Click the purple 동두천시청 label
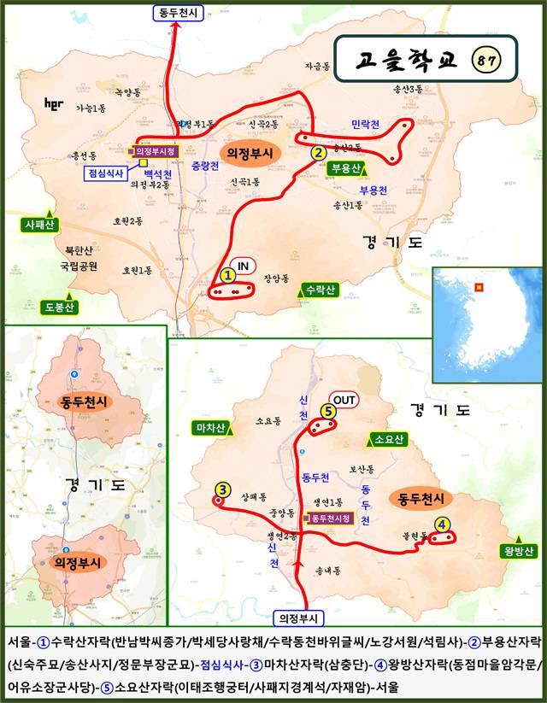coord(329,518)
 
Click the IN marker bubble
coord(242,267)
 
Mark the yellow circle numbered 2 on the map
coord(318,153)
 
